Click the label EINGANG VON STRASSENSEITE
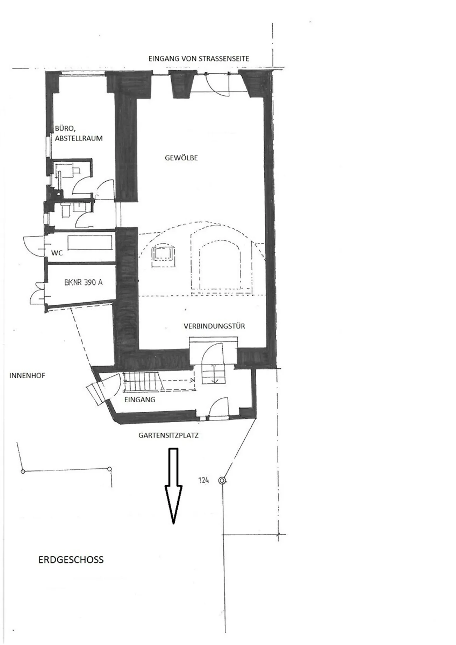click(199, 59)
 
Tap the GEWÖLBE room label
click(181, 158)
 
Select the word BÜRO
click(65, 129)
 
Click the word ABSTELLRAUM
click(79, 138)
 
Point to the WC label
click(57, 253)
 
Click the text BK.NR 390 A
click(83, 282)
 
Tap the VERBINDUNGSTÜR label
click(214, 326)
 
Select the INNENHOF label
click(27, 376)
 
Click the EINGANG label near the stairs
click(140, 400)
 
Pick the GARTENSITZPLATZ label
click(168, 435)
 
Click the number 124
click(204, 480)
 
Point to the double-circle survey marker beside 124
click(222, 480)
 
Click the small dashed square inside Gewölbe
click(163, 254)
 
